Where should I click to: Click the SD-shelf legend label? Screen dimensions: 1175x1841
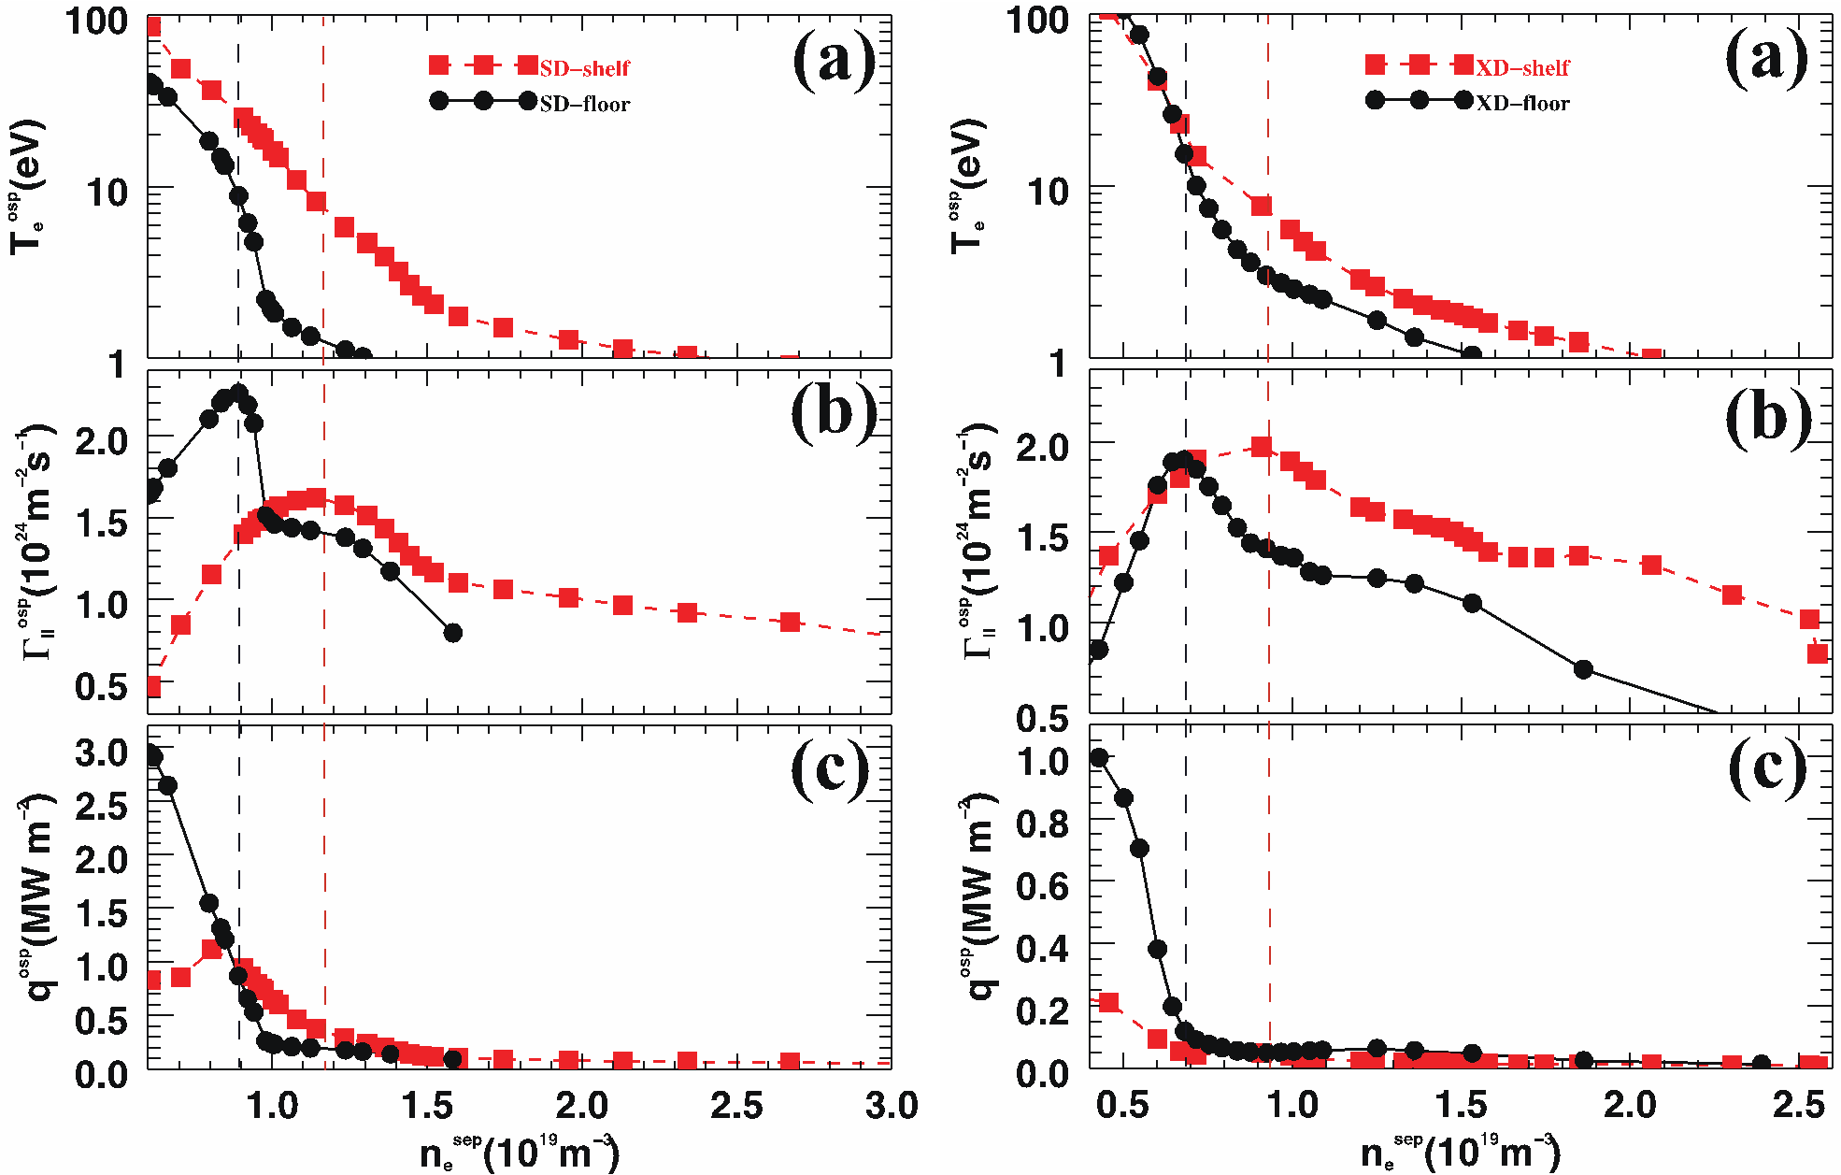pyautogui.click(x=584, y=68)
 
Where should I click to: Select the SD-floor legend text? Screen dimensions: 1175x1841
pyautogui.click(x=584, y=104)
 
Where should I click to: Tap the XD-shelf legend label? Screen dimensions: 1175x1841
pyautogui.click(x=1522, y=68)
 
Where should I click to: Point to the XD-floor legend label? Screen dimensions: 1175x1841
pyautogui.click(x=1522, y=104)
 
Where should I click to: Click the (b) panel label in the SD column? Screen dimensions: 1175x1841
pyautogui.click(x=834, y=414)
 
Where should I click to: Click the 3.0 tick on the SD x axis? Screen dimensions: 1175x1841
pyautogui.click(x=891, y=1106)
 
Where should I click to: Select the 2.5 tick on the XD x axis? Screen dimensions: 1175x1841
pyautogui.click(x=1798, y=1106)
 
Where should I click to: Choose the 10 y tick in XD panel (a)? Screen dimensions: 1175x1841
pyautogui.click(x=1047, y=192)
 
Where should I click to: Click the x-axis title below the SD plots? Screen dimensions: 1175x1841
pyautogui.click(x=519, y=1153)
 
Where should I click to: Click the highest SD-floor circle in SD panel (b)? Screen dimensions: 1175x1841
pyautogui.click(x=238, y=394)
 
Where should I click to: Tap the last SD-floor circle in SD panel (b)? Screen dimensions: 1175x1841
pyautogui.click(x=453, y=633)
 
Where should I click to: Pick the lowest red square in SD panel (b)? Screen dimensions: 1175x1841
pyautogui.click(x=152, y=687)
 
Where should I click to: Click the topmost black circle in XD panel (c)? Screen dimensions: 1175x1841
pyautogui.click(x=1100, y=757)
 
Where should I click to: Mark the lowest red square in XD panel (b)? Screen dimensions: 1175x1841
pyautogui.click(x=1817, y=653)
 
